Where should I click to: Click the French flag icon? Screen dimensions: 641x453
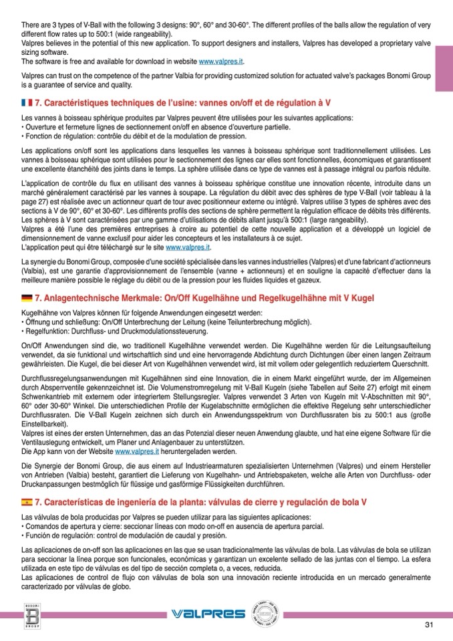click(x=27, y=104)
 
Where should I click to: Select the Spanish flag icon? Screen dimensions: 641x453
click(x=27, y=501)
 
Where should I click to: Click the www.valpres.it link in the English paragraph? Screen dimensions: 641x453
click(x=221, y=61)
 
